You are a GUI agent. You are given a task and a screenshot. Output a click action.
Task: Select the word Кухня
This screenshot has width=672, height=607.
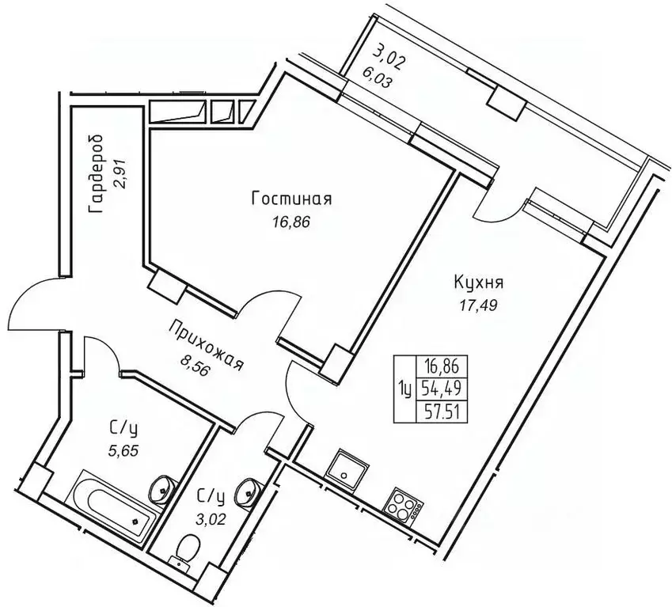[480, 282]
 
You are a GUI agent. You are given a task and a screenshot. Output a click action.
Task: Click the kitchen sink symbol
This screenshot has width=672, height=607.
[346, 466]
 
